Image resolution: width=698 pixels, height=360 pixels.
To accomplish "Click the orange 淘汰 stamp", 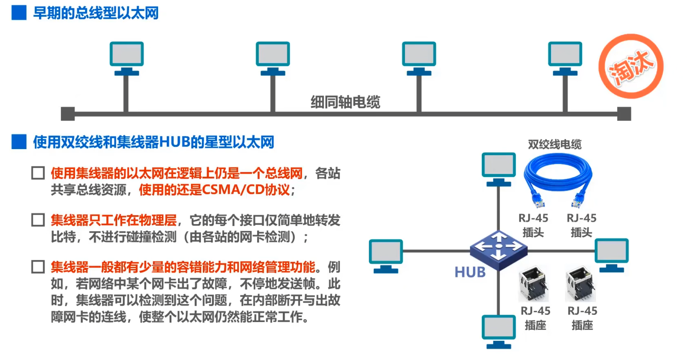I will [631, 66].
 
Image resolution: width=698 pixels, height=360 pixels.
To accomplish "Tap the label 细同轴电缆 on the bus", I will [345, 102].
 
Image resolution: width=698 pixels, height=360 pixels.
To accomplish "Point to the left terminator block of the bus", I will [68, 114].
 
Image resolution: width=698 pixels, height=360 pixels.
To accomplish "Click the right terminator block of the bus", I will [624, 114].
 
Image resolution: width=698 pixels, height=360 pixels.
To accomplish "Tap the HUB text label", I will [470, 272].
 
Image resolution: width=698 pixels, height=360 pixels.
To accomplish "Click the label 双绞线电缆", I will [555, 144].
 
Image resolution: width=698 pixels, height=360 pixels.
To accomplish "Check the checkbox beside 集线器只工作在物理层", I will [38, 220].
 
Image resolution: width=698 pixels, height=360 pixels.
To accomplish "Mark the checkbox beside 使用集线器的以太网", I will [38, 173].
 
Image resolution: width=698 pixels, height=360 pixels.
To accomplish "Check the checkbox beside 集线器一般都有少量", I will [38, 267].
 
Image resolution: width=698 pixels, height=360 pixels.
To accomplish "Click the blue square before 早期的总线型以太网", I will [19, 13].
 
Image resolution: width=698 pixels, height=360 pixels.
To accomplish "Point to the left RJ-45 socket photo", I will [533, 284].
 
